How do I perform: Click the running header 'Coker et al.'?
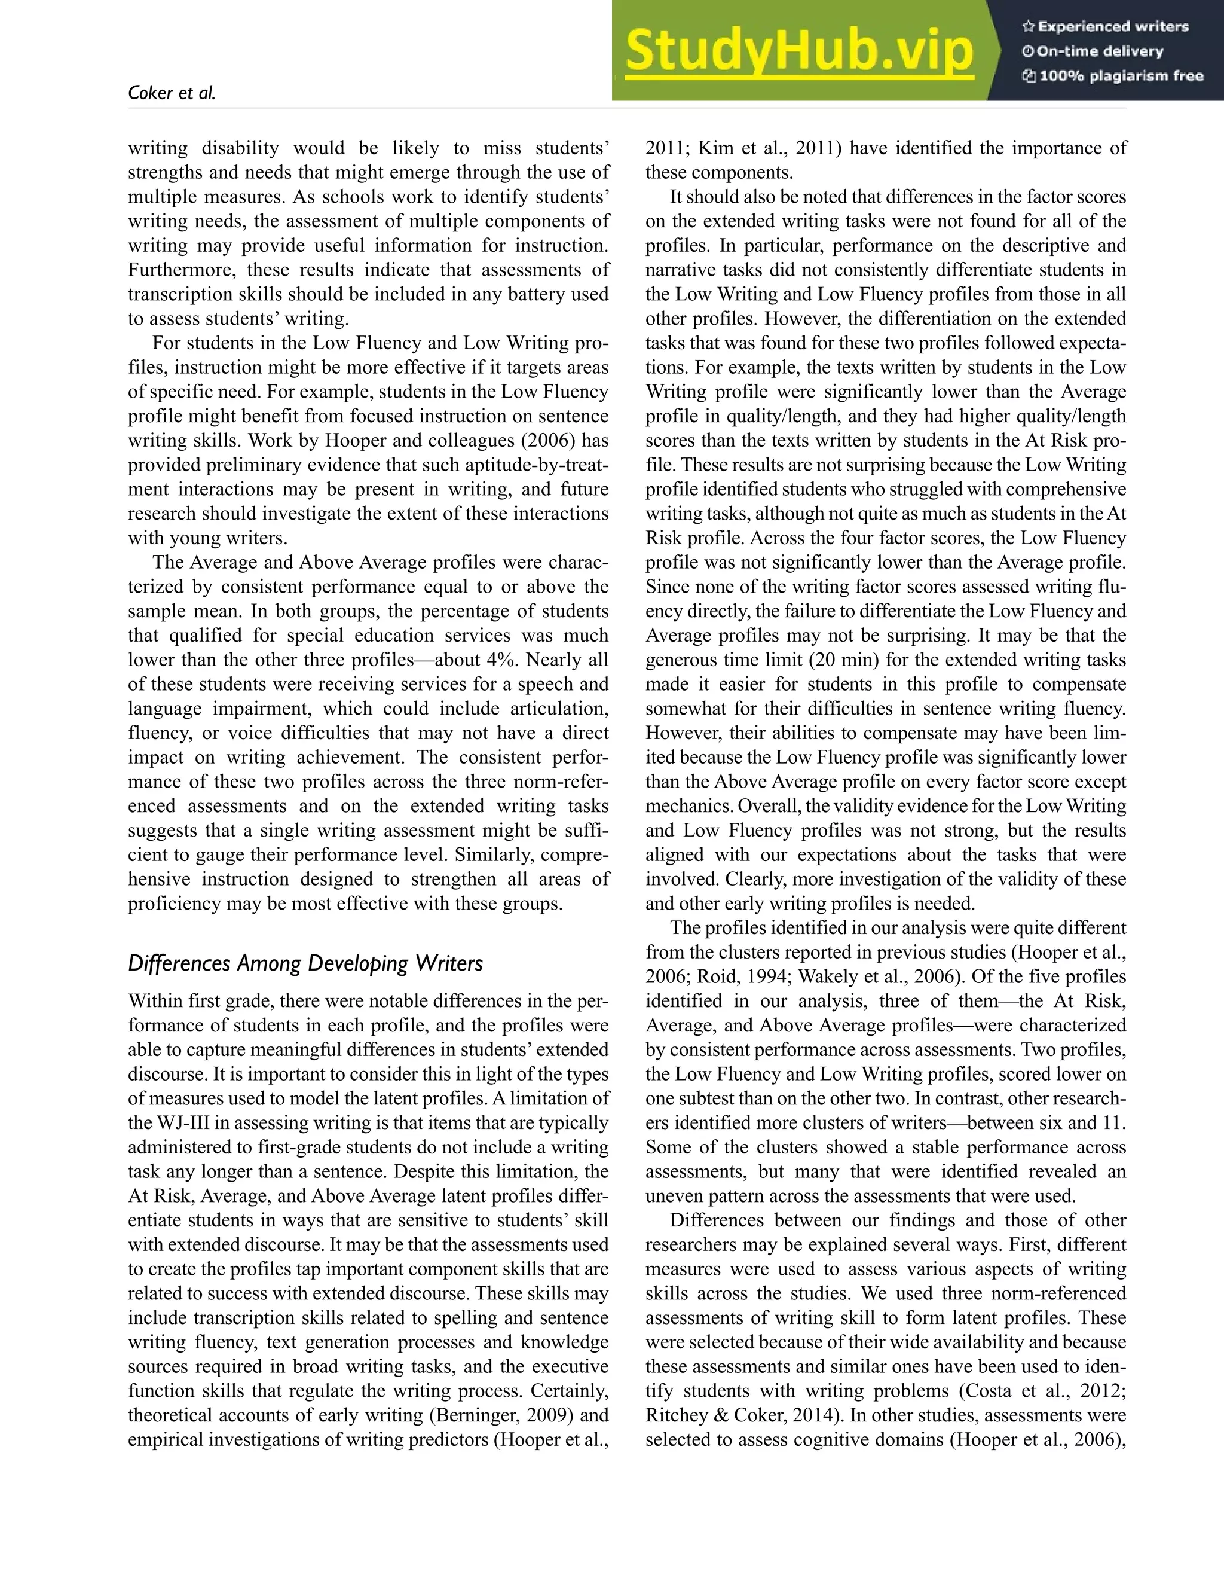point(172,93)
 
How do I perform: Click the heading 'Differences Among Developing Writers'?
point(305,963)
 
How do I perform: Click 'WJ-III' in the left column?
point(174,1122)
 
